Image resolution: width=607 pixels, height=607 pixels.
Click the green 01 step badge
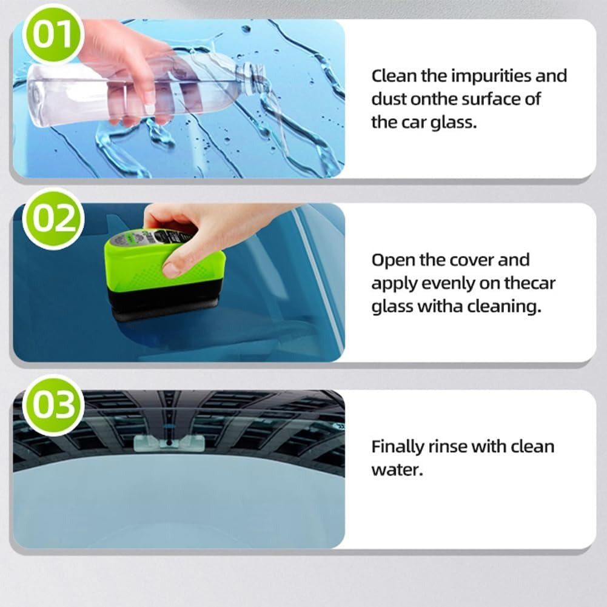click(53, 34)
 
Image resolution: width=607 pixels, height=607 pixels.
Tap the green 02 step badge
click(53, 219)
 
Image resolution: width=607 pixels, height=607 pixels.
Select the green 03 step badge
click(53, 405)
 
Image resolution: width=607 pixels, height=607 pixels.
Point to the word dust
click(389, 99)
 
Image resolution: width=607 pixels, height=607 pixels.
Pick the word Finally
click(398, 447)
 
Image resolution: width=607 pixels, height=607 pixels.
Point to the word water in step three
click(397, 470)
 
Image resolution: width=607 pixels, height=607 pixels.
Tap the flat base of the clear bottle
click(35, 95)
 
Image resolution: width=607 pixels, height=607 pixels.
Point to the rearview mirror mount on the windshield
click(169, 442)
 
